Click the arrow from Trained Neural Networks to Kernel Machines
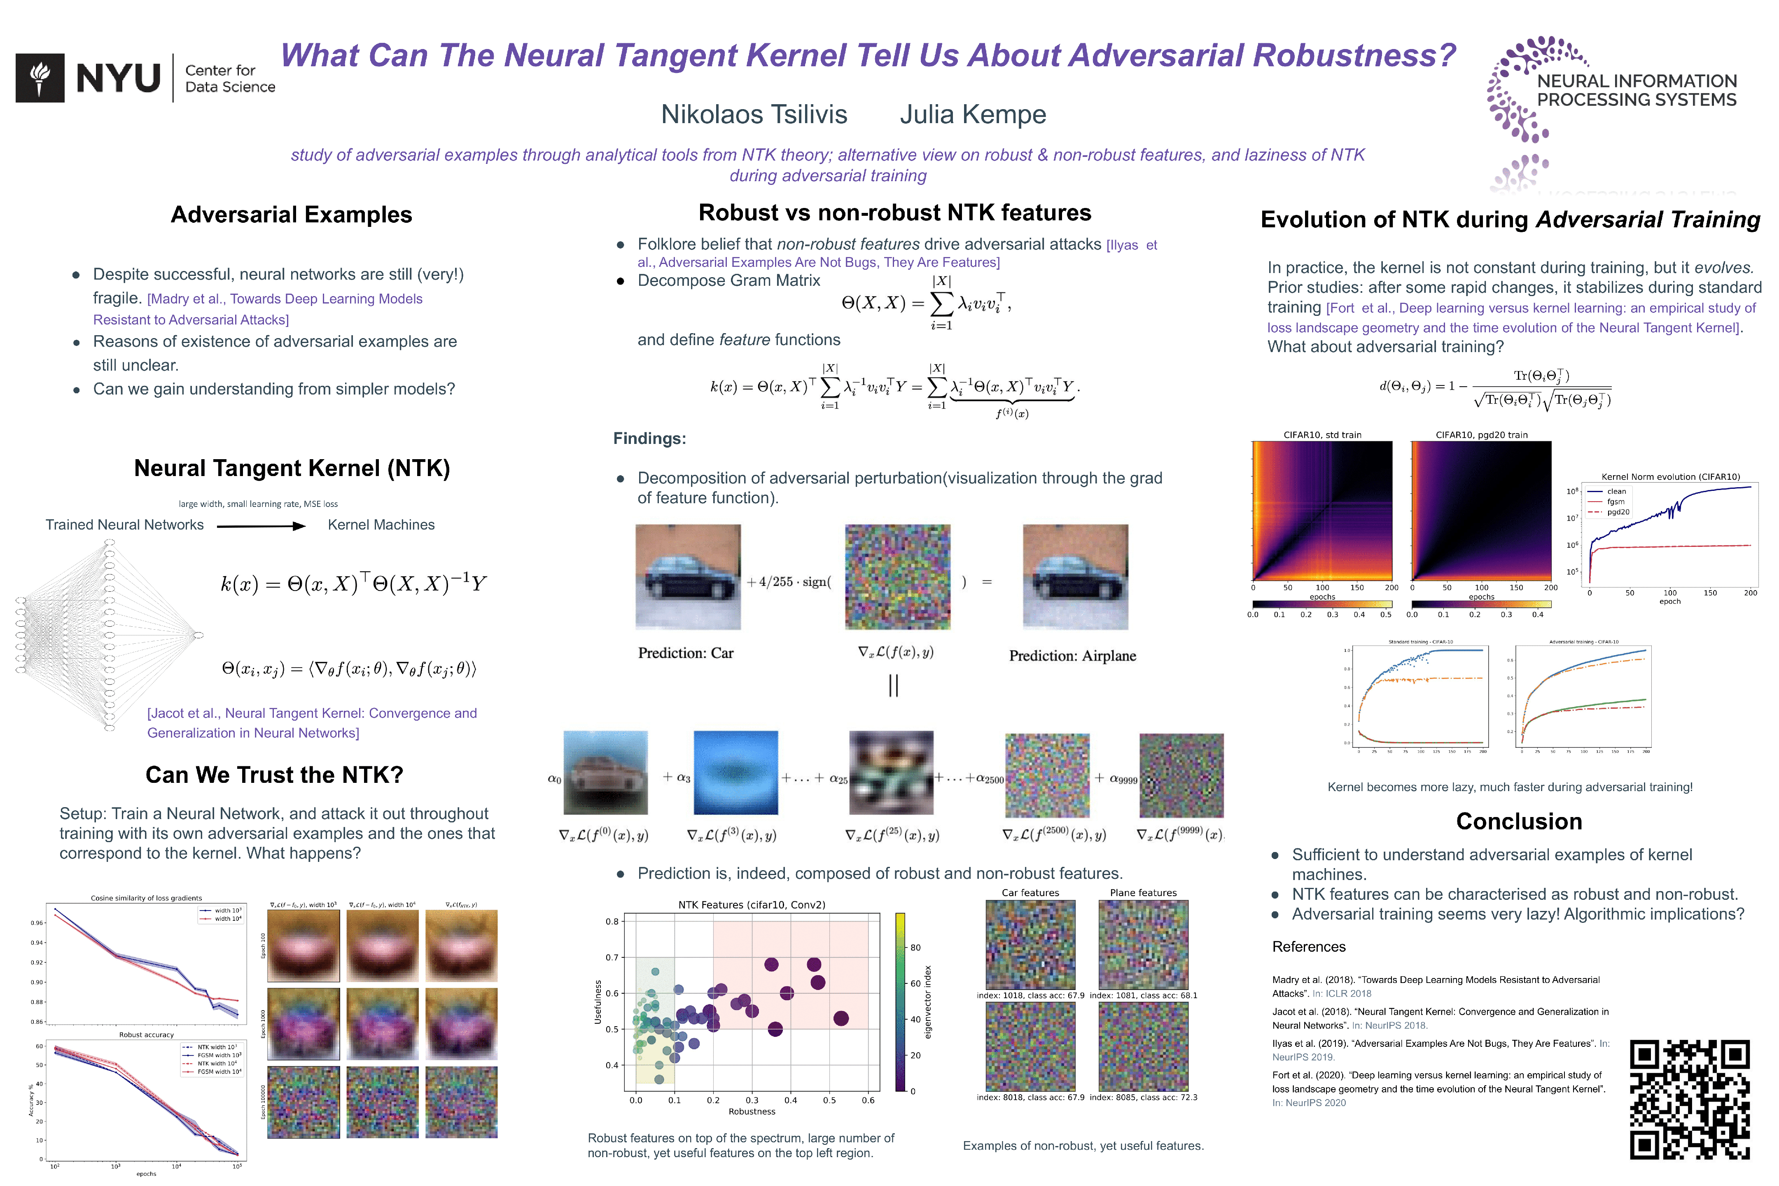tap(261, 526)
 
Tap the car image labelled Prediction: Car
tap(688, 577)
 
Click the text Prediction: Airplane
tap(1072, 656)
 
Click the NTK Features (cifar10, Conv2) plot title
tap(751, 905)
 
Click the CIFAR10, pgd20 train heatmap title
tap(1481, 435)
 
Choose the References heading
tap(1309, 947)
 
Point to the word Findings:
tap(649, 439)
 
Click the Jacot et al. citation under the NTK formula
tap(312, 723)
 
